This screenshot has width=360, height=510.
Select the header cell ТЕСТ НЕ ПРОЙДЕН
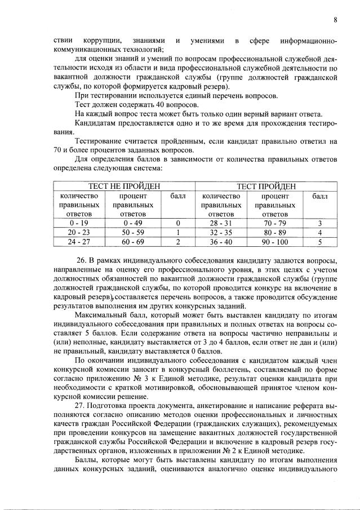point(123,187)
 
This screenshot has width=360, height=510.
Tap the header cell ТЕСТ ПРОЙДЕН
point(267,187)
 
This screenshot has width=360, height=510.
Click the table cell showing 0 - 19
point(79,223)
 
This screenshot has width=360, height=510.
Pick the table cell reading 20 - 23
point(79,232)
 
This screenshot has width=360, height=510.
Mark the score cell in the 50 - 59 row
point(177,232)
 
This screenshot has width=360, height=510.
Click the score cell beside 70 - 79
point(319,223)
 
